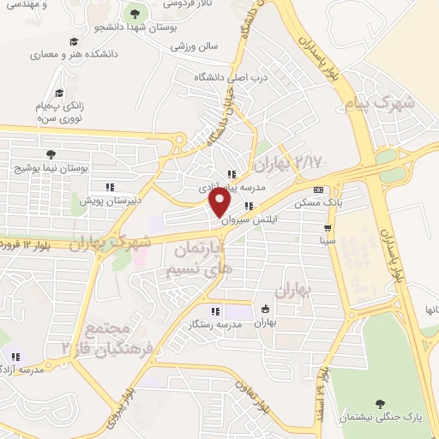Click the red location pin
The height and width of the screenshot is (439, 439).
point(219,201)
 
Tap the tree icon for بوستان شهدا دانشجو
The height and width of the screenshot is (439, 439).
point(134,12)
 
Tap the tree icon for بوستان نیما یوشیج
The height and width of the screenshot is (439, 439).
point(52,154)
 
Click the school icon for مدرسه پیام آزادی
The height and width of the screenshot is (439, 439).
point(232,174)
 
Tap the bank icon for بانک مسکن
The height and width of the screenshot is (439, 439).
point(319,189)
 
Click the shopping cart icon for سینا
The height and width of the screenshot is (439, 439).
point(327,228)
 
